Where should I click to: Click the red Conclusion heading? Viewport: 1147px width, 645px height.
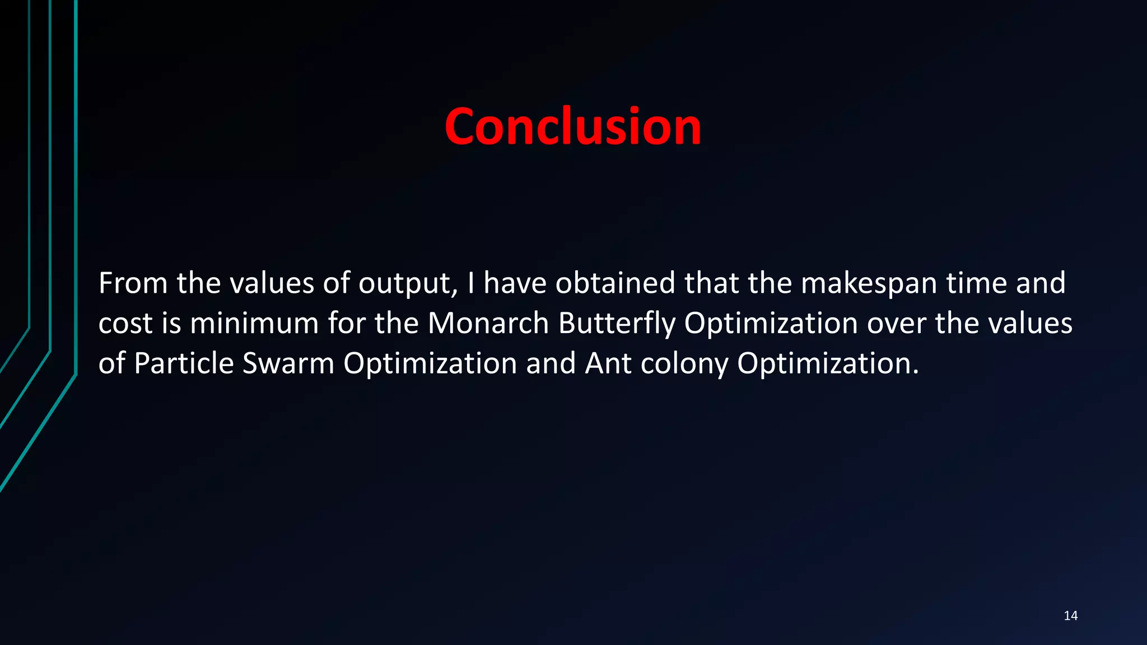coord(572,127)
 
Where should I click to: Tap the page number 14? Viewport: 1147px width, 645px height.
coord(1070,616)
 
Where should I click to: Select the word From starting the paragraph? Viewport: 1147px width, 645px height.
coord(133,283)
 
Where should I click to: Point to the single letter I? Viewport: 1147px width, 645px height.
coord(470,283)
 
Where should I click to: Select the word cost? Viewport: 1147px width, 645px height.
coord(125,324)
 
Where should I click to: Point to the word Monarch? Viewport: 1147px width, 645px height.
coord(488,324)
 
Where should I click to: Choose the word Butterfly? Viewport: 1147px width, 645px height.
coord(617,324)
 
